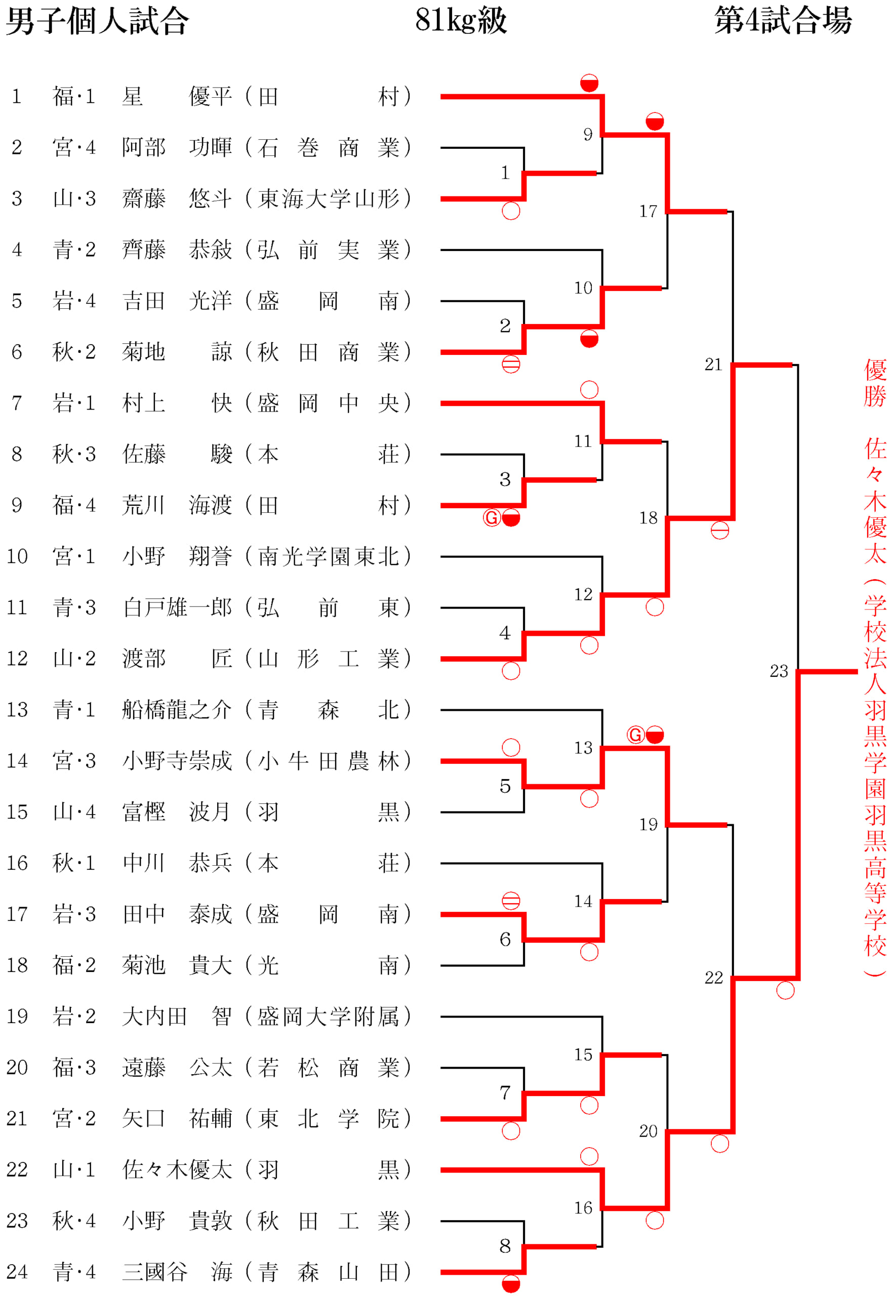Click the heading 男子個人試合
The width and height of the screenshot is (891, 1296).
tap(98, 21)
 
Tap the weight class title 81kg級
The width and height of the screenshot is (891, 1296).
tap(461, 20)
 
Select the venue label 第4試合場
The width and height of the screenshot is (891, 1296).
tap(783, 20)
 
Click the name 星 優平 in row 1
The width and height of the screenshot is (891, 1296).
tap(177, 97)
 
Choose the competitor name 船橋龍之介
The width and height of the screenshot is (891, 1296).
tap(177, 710)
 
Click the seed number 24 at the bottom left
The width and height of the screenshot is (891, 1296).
tap(17, 1272)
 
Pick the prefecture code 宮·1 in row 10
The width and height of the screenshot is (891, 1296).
tap(74, 556)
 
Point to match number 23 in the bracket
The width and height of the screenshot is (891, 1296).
tap(779, 671)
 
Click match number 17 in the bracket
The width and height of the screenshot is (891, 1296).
tap(648, 212)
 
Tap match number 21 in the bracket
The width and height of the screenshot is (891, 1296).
tap(713, 365)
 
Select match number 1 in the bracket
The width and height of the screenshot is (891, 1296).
tap(505, 173)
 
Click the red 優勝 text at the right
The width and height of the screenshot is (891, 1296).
tap(875, 383)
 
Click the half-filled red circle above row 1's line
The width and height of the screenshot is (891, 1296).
tap(589, 83)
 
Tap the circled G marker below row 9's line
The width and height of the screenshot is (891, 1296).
tap(491, 518)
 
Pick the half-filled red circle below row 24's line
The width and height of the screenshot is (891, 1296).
tap(511, 1284)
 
